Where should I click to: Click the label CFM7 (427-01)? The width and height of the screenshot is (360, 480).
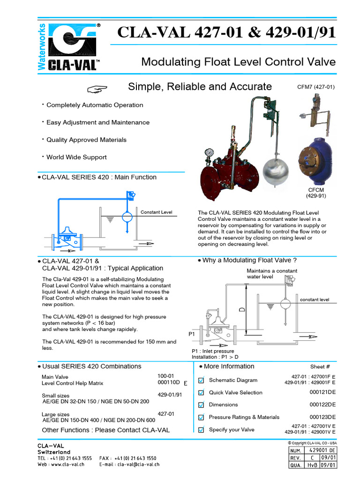pos(316,87)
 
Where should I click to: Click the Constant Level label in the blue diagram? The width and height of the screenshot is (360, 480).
pos(156,212)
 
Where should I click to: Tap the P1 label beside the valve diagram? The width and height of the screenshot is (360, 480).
pos(191,334)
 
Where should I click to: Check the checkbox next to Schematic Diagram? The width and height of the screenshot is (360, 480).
pos(201,380)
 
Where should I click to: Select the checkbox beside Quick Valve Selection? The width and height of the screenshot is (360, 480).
pos(201,392)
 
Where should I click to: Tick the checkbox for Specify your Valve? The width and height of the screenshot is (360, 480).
pos(201,429)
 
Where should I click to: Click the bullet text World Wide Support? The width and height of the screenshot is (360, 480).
pos(76,157)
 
